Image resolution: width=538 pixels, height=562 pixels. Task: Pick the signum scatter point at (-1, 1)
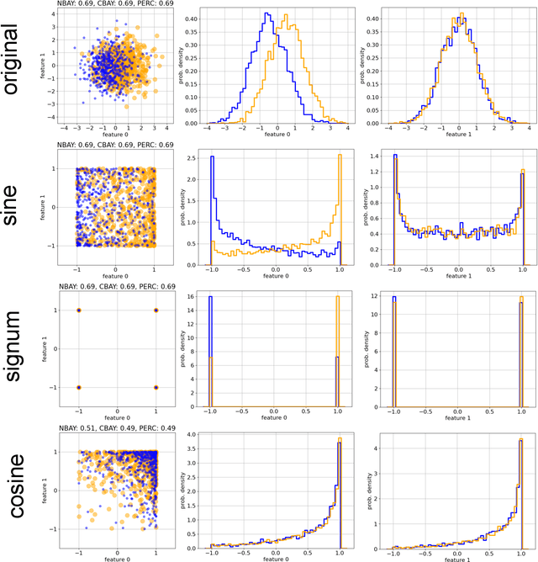click(78, 310)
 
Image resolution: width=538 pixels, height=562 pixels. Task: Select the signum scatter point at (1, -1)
click(156, 387)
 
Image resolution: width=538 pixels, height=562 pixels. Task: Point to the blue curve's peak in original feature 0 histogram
click(266, 13)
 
